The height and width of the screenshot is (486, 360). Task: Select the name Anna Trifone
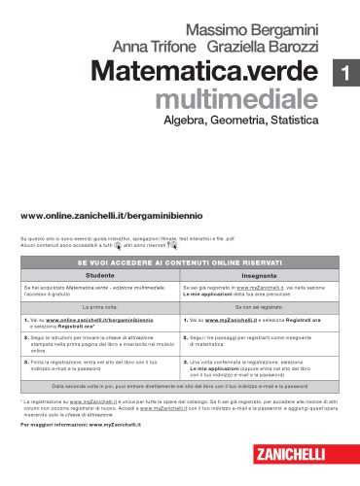click(x=157, y=47)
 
